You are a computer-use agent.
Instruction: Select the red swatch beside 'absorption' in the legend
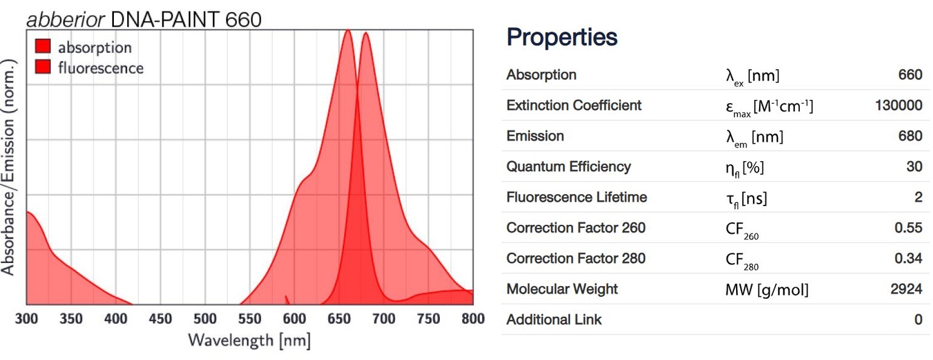click(x=42, y=47)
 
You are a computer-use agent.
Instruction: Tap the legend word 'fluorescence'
click(x=101, y=68)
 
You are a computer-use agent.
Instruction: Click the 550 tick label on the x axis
click(x=250, y=319)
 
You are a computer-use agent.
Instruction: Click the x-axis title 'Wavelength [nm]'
click(x=249, y=340)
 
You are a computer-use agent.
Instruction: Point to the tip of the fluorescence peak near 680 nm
click(x=365, y=33)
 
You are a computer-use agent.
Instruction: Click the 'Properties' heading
click(x=562, y=38)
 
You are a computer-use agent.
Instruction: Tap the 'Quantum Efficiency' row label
click(x=568, y=167)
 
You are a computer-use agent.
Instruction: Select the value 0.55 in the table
click(x=908, y=228)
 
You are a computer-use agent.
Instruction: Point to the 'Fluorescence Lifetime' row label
click(x=576, y=198)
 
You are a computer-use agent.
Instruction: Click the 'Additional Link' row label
click(x=554, y=320)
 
